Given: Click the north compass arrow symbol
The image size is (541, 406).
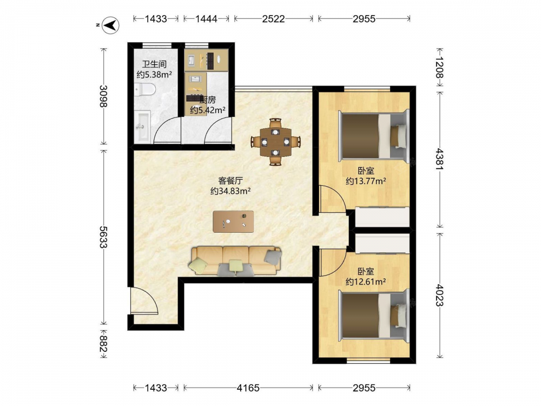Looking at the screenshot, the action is (x=110, y=25).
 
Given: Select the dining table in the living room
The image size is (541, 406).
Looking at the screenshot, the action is (x=275, y=142).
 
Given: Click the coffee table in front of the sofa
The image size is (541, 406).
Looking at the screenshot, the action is (x=233, y=221).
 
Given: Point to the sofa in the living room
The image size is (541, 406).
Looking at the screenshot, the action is (x=235, y=261).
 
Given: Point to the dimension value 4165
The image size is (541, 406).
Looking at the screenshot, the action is (x=248, y=388).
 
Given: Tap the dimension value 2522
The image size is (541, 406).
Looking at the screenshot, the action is (x=273, y=18).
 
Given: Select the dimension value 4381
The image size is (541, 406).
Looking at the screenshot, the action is (x=439, y=159).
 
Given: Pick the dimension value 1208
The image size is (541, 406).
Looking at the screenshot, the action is (x=439, y=68).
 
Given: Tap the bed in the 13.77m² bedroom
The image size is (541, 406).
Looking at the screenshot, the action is (x=374, y=135).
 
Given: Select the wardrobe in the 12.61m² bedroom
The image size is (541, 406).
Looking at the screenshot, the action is (x=382, y=244).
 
